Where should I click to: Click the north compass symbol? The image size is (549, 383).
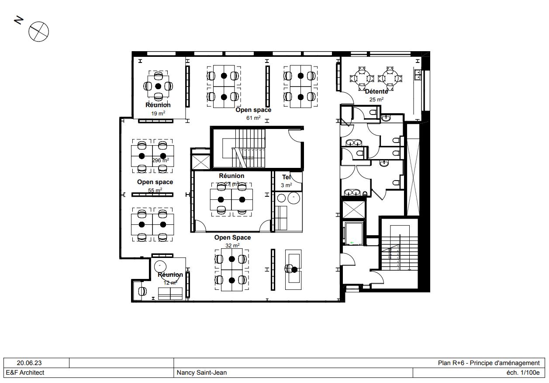[38, 32]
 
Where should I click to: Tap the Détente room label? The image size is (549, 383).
[376, 91]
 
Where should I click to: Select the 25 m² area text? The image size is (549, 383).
[376, 99]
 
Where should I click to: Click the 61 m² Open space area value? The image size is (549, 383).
[253, 118]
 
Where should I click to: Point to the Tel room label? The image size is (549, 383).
[287, 177]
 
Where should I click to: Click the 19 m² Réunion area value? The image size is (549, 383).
[158, 113]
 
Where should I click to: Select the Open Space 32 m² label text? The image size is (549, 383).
[232, 237]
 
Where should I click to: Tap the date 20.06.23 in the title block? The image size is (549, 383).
[29, 363]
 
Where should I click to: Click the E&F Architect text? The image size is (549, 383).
[25, 373]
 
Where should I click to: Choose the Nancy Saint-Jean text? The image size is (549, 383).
[201, 373]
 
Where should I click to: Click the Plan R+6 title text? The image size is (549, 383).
[489, 363]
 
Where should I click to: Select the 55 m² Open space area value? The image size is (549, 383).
[155, 190]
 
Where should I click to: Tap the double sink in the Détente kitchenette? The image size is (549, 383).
[418, 74]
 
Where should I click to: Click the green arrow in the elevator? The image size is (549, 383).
[352, 242]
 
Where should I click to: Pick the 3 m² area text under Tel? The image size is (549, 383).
[287, 185]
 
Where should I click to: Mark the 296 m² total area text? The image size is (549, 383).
[160, 160]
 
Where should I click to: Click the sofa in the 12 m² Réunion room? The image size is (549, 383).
[170, 294]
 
